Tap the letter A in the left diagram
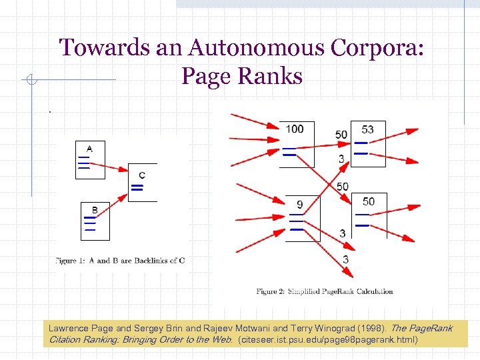(x=89, y=148)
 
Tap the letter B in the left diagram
(x=95, y=210)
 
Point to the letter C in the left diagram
(x=142, y=175)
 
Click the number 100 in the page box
(x=294, y=129)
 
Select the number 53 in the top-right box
(x=367, y=129)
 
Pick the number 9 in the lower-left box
(x=299, y=204)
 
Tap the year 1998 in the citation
(x=370, y=328)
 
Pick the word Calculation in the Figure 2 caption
(x=371, y=291)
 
